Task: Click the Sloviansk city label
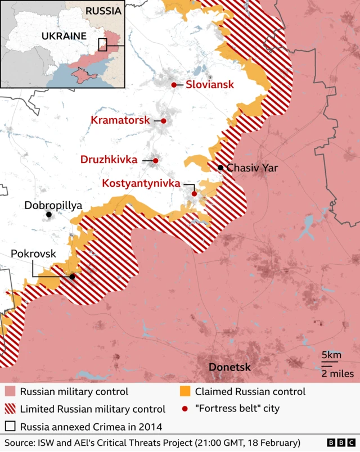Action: [209, 85]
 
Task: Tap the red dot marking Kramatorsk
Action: [164, 121]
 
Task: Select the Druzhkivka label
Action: [109, 160]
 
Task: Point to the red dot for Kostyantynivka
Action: [194, 194]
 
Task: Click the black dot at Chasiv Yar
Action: [220, 168]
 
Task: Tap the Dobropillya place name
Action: [53, 205]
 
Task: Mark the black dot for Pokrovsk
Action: [72, 277]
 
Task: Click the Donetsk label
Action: [229, 368]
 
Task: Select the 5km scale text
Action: [331, 355]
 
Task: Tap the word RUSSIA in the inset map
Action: [103, 11]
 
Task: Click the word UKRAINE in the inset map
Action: [64, 36]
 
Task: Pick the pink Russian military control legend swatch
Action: [10, 392]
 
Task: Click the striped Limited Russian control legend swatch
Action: [10, 409]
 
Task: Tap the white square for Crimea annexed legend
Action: [10, 426]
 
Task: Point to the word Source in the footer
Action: [20, 442]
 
